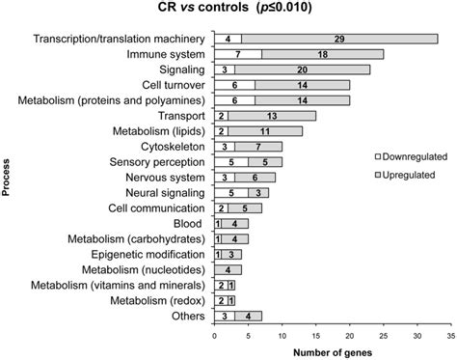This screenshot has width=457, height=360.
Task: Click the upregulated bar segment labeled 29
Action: click(338, 39)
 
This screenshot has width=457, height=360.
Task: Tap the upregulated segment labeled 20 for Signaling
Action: click(302, 69)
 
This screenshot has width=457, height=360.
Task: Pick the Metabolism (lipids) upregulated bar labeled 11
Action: click(265, 131)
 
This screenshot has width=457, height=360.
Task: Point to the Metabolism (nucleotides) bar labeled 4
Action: click(228, 270)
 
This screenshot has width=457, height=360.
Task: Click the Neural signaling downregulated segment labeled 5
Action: click(230, 193)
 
